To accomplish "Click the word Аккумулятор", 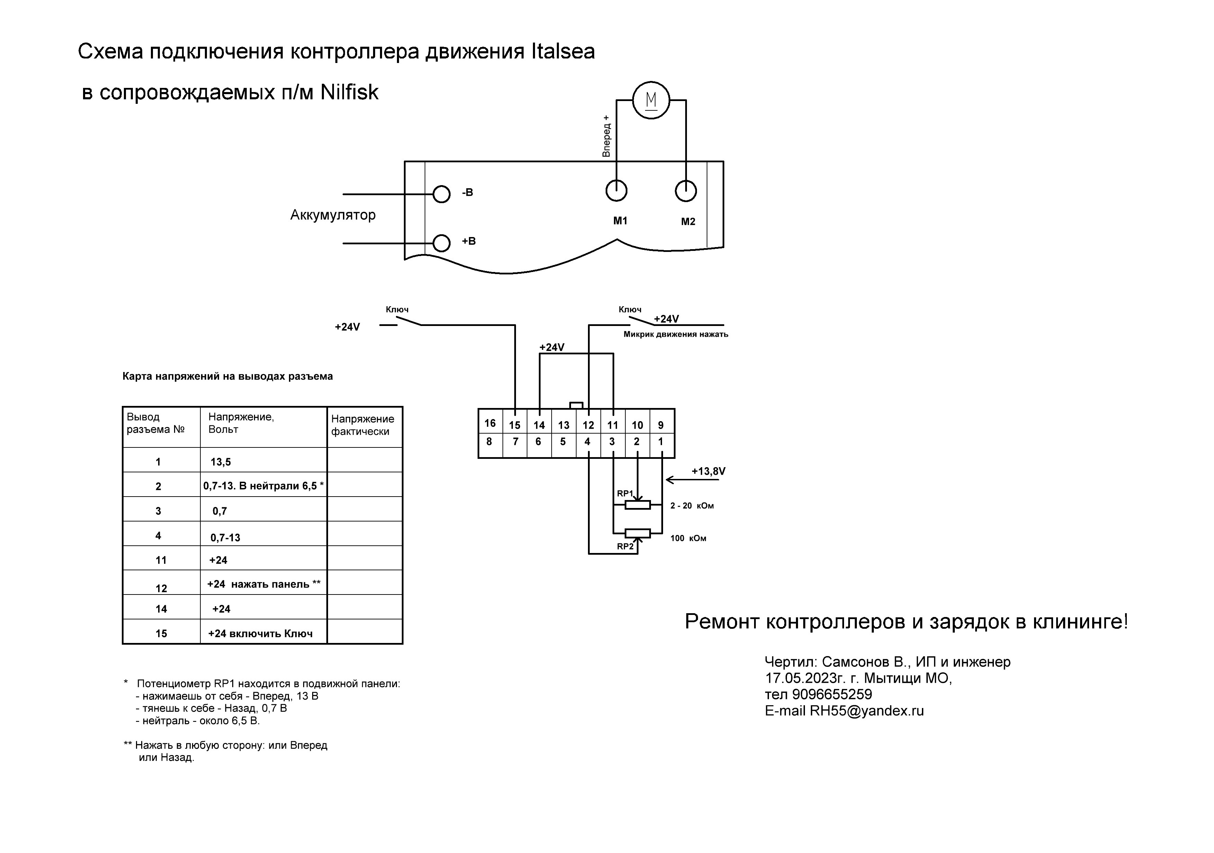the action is (333, 215).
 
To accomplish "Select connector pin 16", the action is (490, 423).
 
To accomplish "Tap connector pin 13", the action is (564, 425).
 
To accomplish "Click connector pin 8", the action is (489, 442).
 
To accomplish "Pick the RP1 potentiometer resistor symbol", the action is (638, 505).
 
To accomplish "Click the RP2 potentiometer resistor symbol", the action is (638, 533).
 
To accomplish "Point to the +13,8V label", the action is (708, 471).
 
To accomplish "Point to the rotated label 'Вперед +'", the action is (606, 136).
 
